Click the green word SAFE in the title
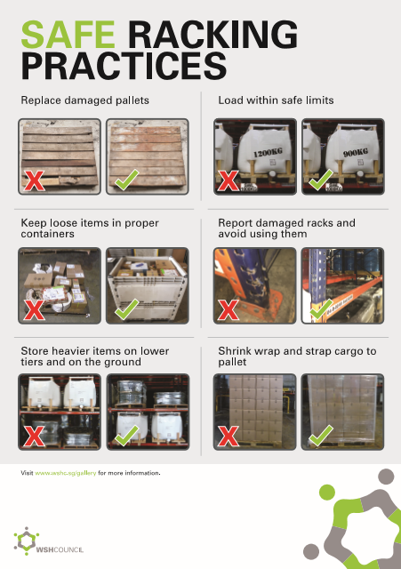click(68, 35)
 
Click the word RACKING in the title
click(213, 35)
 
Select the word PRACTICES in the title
click(124, 66)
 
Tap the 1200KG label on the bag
click(268, 152)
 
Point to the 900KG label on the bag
click(356, 152)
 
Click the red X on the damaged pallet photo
click(34, 180)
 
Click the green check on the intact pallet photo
click(126, 180)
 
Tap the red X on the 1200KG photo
click(229, 180)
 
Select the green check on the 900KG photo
click(321, 180)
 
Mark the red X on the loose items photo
click(34, 309)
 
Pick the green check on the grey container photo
click(126, 309)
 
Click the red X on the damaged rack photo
click(229, 309)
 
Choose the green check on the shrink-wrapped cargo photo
click(321, 436)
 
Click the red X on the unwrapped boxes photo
click(229, 437)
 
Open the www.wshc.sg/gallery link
click(66, 473)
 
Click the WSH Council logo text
click(60, 549)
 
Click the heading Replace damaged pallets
click(85, 100)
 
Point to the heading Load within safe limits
click(276, 100)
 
